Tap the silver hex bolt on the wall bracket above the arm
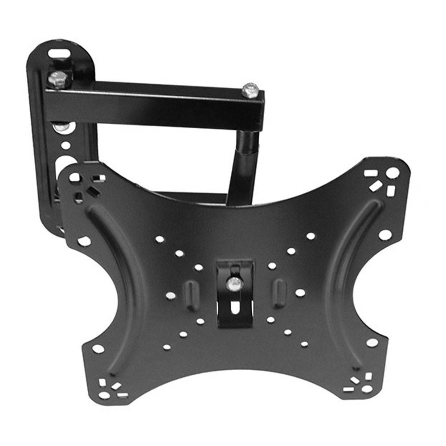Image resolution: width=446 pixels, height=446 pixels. click(58, 79)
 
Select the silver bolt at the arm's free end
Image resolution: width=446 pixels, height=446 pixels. click(250, 90)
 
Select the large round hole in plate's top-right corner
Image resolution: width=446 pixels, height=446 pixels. click(392, 173)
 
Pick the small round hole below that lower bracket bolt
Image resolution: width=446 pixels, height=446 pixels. click(65, 146)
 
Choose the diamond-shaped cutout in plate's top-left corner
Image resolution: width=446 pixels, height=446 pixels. click(93, 192)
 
